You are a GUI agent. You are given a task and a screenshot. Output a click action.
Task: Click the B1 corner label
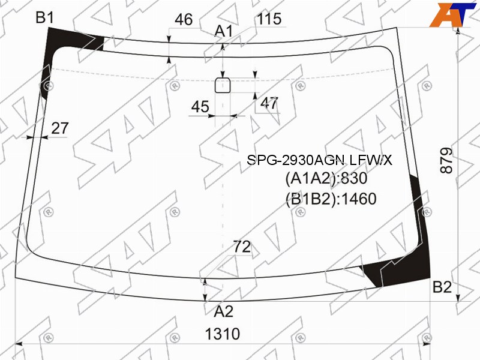click(44, 17)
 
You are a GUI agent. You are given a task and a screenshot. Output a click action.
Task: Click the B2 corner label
click(442, 287)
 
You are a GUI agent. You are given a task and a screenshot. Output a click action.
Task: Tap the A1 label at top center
click(224, 31)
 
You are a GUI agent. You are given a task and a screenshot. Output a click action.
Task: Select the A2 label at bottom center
click(224, 311)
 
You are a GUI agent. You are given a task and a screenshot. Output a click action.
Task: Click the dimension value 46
click(184, 20)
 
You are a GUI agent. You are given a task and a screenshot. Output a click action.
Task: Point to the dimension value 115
click(269, 19)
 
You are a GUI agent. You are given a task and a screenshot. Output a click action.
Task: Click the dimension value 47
click(269, 103)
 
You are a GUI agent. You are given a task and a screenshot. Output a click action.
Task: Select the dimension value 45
click(200, 107)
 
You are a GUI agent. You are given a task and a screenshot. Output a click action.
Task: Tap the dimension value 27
click(59, 128)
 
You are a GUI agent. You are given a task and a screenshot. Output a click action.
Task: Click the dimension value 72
click(242, 247)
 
